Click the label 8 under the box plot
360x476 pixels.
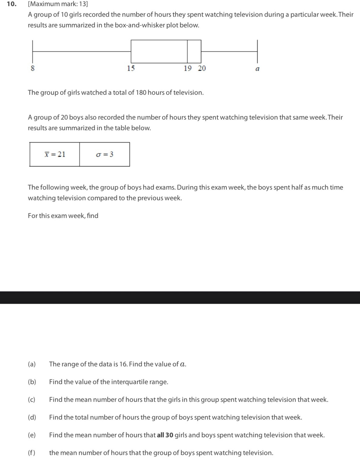click(33, 68)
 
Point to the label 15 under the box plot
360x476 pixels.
click(131, 68)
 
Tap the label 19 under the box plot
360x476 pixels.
click(188, 68)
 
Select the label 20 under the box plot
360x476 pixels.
click(202, 68)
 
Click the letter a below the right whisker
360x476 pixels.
click(257, 69)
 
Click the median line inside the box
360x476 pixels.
click(187, 51)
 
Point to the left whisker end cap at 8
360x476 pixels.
click(33, 51)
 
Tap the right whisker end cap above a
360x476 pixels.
click(257, 51)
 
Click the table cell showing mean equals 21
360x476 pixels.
click(55, 154)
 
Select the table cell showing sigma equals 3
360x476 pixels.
click(105, 154)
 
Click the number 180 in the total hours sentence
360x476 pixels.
click(141, 93)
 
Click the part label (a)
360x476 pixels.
click(32, 364)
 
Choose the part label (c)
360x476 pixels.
click(31, 399)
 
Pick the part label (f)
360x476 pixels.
click(31, 453)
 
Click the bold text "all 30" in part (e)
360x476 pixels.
click(165, 435)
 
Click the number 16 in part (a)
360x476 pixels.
click(123, 364)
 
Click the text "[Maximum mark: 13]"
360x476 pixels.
click(58, 4)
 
